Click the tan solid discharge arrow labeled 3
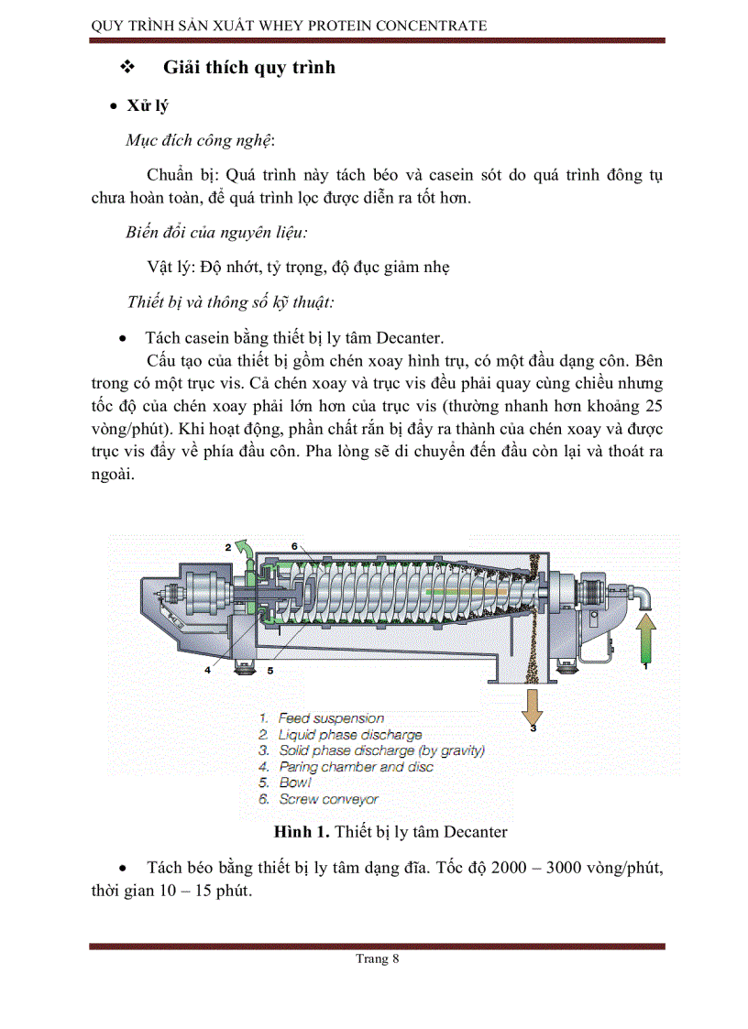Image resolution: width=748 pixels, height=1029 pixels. click(532, 706)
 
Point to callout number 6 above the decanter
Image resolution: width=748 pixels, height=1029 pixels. click(294, 546)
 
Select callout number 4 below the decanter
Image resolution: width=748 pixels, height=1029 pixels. click(208, 670)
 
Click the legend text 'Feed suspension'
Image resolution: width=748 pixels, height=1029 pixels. click(331, 718)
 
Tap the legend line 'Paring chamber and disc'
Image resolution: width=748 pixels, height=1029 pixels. click(356, 767)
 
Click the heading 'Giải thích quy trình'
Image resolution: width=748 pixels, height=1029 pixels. click(248, 67)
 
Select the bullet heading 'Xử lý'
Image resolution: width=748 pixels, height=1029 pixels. click(148, 106)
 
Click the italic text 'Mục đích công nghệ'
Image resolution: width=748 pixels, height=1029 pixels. click(200, 140)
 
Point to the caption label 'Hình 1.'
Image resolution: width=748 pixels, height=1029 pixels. click(302, 832)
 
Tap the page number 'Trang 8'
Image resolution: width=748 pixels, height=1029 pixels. click(377, 959)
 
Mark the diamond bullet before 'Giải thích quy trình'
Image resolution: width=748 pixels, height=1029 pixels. click(128, 68)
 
